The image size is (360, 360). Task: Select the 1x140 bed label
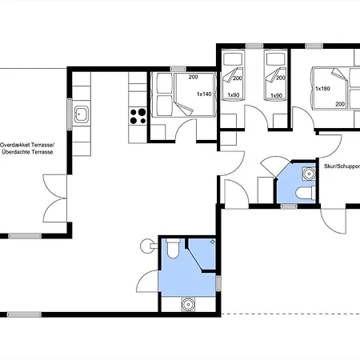click(x=205, y=94)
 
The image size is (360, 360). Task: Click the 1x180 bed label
click(x=322, y=88)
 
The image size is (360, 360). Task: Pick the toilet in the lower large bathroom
click(x=170, y=252)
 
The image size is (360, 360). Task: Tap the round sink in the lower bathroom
click(x=189, y=303)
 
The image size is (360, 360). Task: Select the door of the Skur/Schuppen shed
click(x=334, y=219)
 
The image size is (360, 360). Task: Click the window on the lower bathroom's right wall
click(x=218, y=285)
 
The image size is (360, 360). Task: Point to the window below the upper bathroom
click(x=289, y=206)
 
